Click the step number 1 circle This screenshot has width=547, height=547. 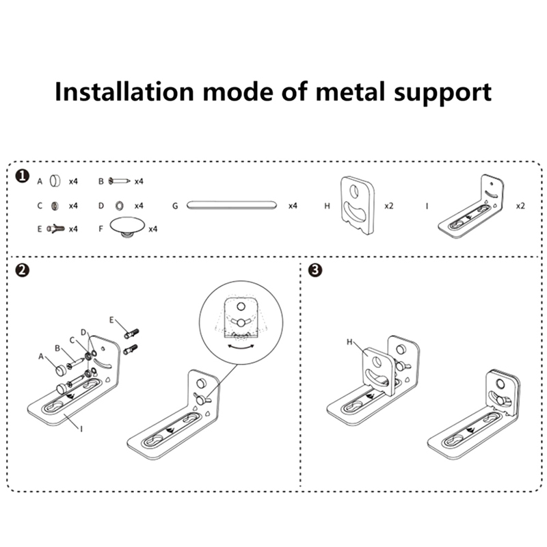tap(23, 178)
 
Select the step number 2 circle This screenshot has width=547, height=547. tap(23, 270)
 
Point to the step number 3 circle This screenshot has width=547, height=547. tap(315, 270)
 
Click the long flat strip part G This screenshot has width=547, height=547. tap(231, 204)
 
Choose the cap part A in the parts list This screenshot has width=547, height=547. tap(56, 181)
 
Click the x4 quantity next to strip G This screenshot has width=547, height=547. tap(293, 205)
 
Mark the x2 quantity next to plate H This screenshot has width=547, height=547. tap(389, 205)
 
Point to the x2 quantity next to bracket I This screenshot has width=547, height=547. tap(520, 205)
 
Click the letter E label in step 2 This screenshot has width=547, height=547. tap(112, 319)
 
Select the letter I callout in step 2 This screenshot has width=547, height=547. tap(81, 429)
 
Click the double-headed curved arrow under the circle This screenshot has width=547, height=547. tap(239, 347)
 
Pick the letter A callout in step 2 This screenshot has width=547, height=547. tap(40, 356)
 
